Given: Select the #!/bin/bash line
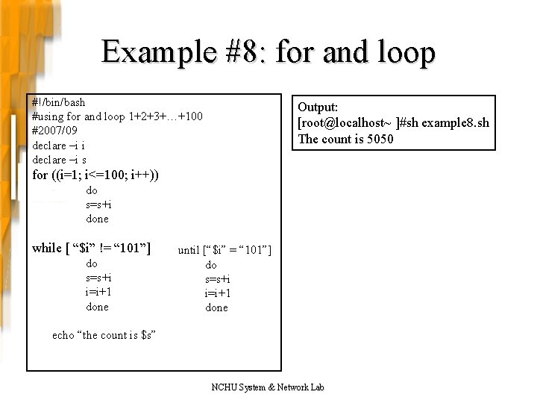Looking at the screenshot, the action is pyautogui.click(x=59, y=101).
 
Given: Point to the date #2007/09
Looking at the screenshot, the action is pyautogui.click(x=54, y=131).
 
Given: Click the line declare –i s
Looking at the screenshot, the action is pyautogui.click(x=60, y=160).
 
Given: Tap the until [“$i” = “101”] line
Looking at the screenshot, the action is pyautogui.click(x=224, y=249).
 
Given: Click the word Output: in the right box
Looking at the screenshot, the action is pyautogui.click(x=318, y=108).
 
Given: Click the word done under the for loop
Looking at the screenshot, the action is pyautogui.click(x=97, y=219).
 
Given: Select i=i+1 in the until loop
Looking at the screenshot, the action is pyautogui.click(x=216, y=293).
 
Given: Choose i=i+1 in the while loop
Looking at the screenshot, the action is pyautogui.click(x=99, y=292).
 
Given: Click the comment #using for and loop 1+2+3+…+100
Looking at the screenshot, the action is pyautogui.click(x=117, y=116).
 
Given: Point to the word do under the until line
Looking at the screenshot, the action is pyautogui.click(x=211, y=264).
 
